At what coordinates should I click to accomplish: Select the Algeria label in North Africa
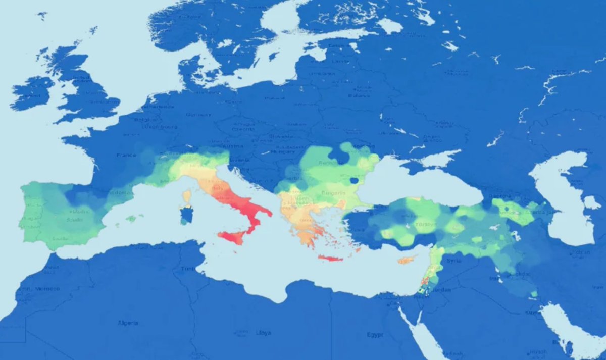128,322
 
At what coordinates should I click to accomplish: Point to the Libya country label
263,333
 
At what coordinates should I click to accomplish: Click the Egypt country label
375,335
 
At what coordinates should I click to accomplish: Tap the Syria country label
451,261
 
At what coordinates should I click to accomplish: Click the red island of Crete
330,259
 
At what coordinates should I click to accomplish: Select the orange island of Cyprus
407,260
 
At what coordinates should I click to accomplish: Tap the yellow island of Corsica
187,195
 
